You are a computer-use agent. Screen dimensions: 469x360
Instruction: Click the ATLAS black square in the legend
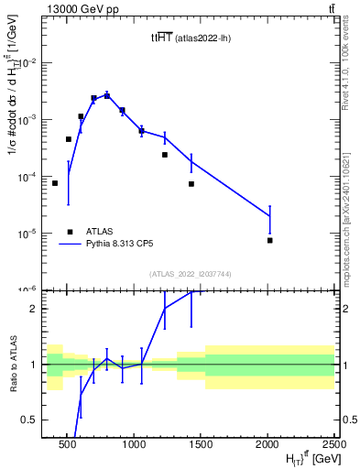coord(70,232)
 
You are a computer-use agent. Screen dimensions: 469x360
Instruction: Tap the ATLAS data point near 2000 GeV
coord(270,240)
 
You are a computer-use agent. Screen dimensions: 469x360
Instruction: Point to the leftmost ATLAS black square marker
coord(55,183)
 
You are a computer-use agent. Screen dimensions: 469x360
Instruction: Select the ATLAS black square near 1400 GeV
coord(191,184)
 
